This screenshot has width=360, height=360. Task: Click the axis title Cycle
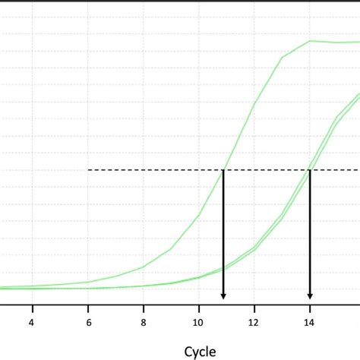(200, 351)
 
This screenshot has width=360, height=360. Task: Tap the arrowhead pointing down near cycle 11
(223, 295)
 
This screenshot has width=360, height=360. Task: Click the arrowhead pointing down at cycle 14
(310, 295)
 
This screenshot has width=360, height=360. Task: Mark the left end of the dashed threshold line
(90, 169)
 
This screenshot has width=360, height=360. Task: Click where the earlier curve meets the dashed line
(223, 169)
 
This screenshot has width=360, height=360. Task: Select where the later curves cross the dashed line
(309, 169)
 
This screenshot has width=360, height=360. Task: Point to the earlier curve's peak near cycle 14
(310, 41)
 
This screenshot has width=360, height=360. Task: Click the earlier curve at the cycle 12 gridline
(254, 104)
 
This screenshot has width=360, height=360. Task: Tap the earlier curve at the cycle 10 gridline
(199, 215)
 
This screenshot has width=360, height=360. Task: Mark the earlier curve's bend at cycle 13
(283, 57)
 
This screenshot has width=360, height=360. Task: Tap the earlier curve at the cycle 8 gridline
(144, 267)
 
